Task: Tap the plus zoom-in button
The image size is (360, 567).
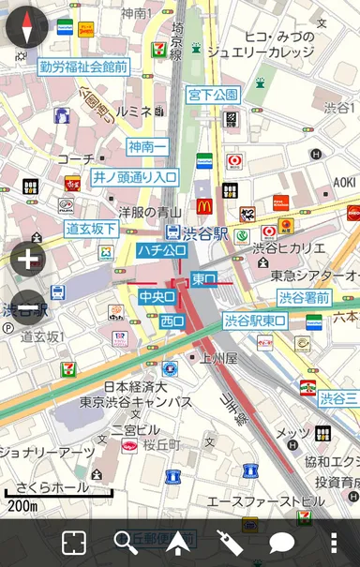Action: [x=27, y=260]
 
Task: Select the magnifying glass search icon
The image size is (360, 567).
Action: [x=125, y=543]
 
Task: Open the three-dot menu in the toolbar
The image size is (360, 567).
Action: [x=334, y=543]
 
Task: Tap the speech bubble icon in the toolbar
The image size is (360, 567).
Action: [x=282, y=543]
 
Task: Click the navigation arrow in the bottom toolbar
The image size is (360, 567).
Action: [x=177, y=542]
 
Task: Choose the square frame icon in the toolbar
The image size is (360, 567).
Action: [x=73, y=543]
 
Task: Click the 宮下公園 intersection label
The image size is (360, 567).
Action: [x=214, y=95]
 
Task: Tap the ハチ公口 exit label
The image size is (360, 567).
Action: [x=161, y=250]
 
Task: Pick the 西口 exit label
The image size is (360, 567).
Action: [x=172, y=321]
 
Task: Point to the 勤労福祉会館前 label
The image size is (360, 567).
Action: [x=83, y=67]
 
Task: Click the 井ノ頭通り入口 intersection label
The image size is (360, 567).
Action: [x=134, y=176]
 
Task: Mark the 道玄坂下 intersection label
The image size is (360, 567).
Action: [x=91, y=229]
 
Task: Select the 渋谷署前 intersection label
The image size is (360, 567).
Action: [x=304, y=297]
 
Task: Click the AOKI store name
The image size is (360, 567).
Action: [x=344, y=182]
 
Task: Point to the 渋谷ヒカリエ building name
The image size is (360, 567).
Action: [x=290, y=248]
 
